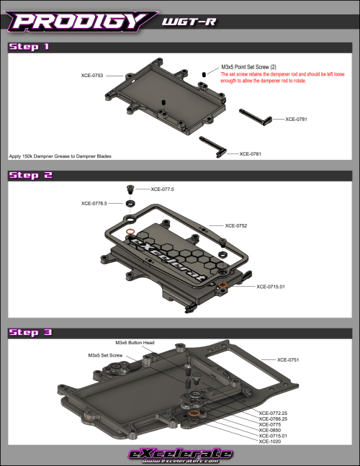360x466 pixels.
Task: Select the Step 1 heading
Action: point(29,48)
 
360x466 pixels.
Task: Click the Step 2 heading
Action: point(30,175)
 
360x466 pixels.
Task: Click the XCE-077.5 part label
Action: point(163,189)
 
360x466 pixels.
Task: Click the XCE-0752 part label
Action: point(237,225)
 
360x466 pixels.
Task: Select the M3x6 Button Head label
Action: point(135,343)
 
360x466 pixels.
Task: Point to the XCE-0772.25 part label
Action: point(274,413)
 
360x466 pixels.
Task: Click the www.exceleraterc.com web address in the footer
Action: point(180,461)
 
